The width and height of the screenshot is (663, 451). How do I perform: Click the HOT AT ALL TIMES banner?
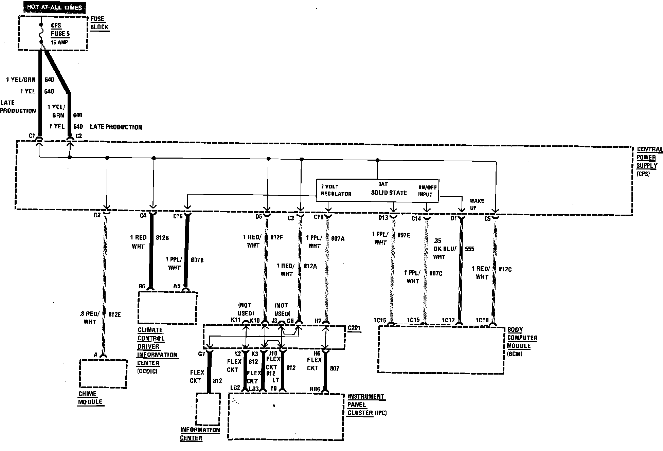pyautogui.click(x=54, y=7)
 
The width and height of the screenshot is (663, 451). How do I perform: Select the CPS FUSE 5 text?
pyautogui.click(x=60, y=30)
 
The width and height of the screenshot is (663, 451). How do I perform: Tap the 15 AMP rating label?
pyautogui.click(x=59, y=42)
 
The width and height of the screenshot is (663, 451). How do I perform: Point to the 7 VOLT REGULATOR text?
pyautogui.click(x=336, y=190)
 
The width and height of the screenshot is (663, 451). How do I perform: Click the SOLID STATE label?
pyautogui.click(x=389, y=193)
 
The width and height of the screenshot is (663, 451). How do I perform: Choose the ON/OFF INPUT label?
pyautogui.click(x=427, y=191)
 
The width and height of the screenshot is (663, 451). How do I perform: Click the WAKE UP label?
pyautogui.click(x=477, y=204)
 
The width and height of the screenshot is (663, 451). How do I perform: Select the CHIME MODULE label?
pyautogui.click(x=90, y=398)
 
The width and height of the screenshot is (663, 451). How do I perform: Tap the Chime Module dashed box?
pyautogui.click(x=103, y=374)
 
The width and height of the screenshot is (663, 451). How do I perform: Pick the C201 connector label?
pyautogui.click(x=354, y=328)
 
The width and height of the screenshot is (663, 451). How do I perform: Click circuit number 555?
pyautogui.click(x=469, y=249)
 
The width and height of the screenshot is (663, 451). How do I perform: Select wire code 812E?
pyautogui.click(x=114, y=315)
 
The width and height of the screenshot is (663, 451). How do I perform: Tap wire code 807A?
pyautogui.click(x=338, y=239)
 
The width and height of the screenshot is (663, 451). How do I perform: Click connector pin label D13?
pyautogui.click(x=383, y=218)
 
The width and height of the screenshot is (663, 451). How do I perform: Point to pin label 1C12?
pyautogui.click(x=448, y=320)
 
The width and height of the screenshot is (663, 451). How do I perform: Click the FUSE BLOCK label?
pyautogui.click(x=99, y=23)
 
